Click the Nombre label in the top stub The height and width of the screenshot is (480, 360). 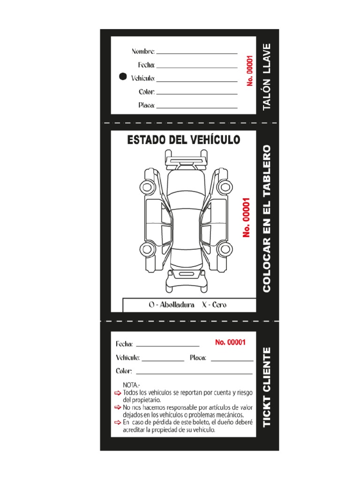[143, 51]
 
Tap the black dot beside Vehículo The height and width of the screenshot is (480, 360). [123, 77]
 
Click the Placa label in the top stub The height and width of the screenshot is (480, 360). [146, 105]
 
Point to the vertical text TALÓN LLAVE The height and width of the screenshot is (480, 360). [267, 76]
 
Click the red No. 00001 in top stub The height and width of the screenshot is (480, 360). [250, 70]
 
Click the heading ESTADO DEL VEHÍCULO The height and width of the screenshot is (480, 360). [183, 139]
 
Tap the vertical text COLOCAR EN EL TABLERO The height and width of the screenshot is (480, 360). [267, 218]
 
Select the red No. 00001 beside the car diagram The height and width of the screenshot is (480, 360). [247, 217]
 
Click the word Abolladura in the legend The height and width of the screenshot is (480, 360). [177, 305]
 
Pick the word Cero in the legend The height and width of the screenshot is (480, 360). [219, 305]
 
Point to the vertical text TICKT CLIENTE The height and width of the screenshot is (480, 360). [267, 387]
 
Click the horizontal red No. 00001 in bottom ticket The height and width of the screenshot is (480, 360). [230, 342]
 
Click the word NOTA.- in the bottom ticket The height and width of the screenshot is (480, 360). [131, 385]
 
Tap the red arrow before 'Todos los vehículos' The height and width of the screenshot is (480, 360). [118, 392]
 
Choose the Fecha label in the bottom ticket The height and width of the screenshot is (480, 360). [125, 344]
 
